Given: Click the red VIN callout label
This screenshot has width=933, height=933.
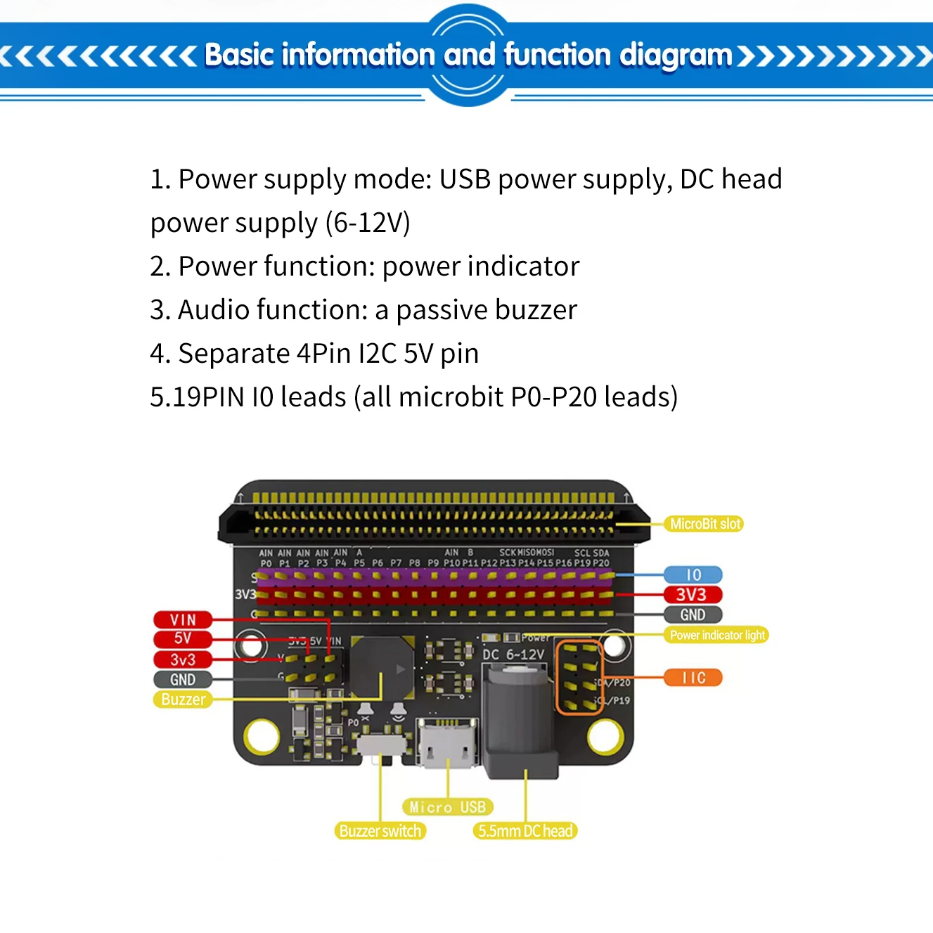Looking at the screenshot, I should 183,619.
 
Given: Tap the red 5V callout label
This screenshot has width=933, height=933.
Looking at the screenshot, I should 183,638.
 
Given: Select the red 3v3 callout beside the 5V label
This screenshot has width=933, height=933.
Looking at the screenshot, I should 183,659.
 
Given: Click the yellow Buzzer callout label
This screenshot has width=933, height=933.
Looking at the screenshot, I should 183,700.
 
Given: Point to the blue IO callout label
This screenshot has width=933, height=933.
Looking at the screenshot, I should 693,575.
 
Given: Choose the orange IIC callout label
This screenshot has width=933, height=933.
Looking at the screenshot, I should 693,678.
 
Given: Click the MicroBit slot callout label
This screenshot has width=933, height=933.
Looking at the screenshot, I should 704,524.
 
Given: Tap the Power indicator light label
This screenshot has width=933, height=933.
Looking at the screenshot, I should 716,636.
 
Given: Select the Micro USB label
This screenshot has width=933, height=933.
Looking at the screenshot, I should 447,807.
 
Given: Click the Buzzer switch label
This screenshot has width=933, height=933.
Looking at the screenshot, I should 380,831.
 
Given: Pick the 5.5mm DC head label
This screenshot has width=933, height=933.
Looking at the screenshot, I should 525,831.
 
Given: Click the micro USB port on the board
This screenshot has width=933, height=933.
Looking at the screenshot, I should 447,742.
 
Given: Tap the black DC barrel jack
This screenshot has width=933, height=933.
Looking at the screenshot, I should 520,724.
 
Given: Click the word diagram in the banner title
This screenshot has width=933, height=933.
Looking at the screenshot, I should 676,56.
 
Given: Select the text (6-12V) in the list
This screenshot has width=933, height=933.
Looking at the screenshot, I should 368,223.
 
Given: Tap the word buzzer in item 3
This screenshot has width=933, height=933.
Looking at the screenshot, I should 536,310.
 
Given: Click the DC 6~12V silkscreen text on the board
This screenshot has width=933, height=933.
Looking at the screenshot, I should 513,655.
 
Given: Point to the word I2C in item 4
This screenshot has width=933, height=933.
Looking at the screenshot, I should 378,354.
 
